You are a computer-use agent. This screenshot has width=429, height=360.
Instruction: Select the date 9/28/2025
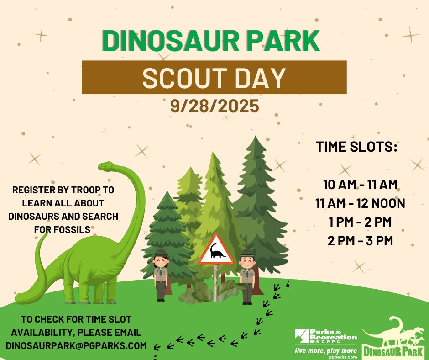coord(214,106)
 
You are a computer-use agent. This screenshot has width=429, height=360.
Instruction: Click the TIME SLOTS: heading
coord(356,147)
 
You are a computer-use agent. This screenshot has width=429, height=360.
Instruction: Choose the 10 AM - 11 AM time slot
coord(360,185)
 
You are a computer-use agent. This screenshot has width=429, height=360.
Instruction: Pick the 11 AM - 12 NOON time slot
coord(360,203)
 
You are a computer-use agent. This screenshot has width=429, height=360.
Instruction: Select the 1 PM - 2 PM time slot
coord(360,222)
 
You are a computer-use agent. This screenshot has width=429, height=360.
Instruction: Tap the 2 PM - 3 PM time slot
coord(360,241)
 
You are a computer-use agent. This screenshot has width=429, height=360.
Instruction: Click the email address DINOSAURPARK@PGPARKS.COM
coord(76,345)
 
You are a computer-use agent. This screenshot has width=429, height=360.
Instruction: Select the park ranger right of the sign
coord(247,277)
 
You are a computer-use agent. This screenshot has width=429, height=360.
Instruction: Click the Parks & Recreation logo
coord(326,337)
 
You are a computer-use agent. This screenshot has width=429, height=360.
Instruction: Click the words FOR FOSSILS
coord(62,229)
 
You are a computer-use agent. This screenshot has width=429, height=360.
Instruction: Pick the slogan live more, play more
coord(325,351)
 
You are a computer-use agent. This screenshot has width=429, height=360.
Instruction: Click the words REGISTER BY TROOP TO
coord(63,190)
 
